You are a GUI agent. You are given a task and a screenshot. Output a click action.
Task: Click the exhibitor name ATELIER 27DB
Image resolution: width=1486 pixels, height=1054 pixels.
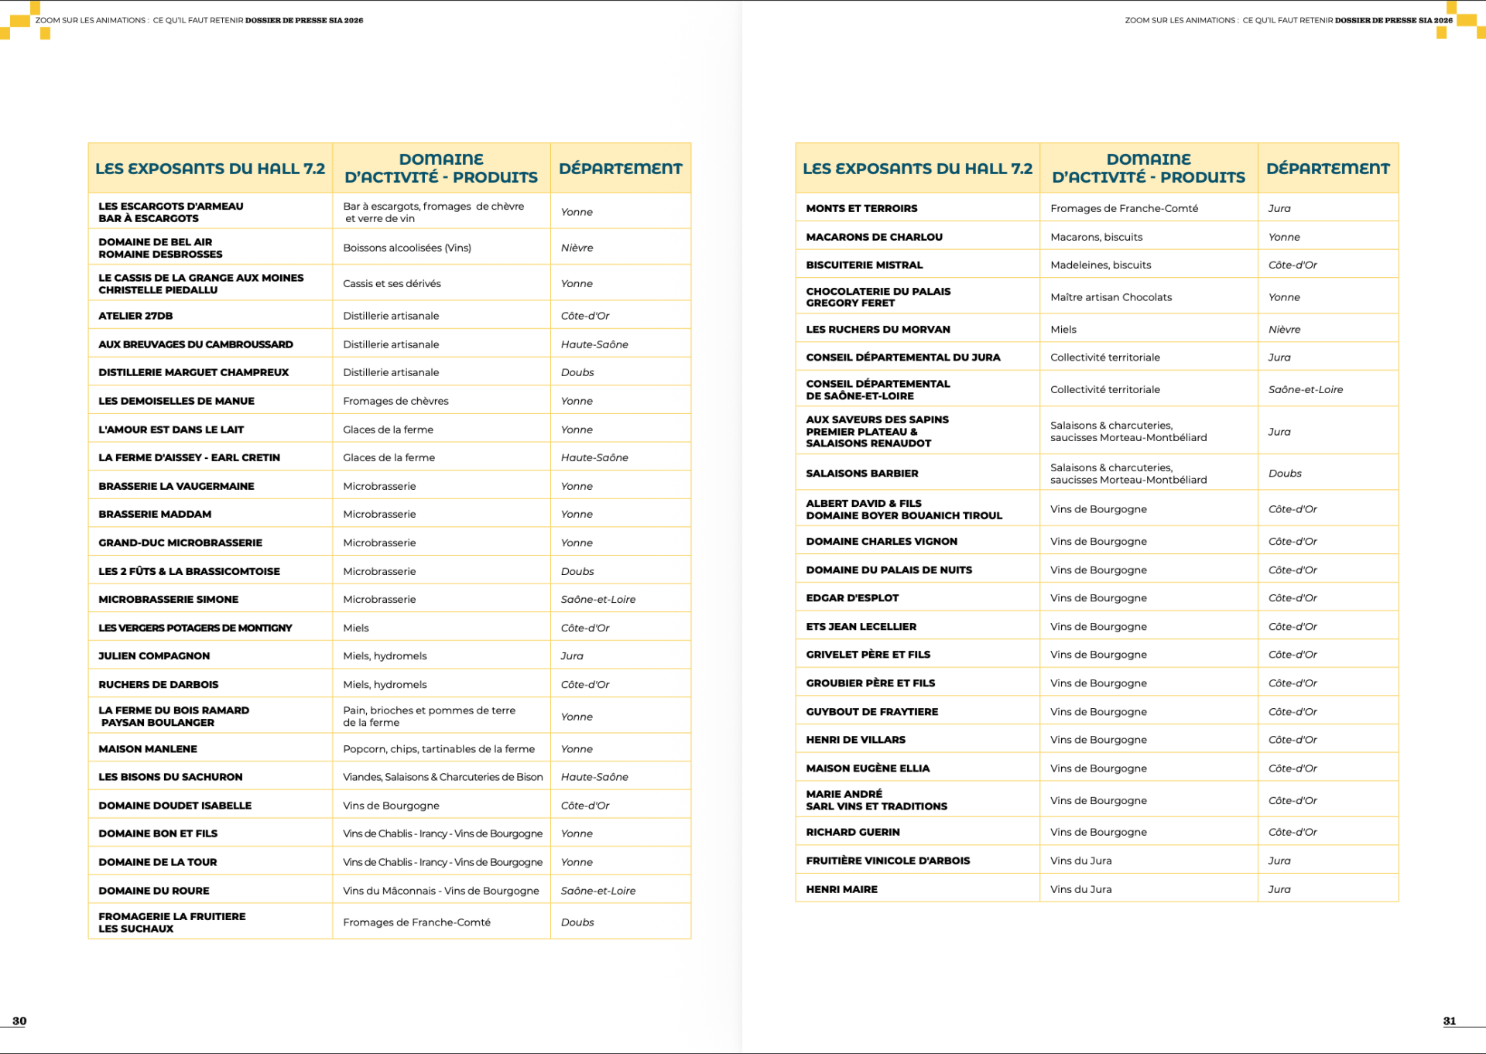coord(135,316)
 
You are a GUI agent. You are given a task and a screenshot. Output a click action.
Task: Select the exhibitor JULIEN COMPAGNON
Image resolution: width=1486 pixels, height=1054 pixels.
coord(154,655)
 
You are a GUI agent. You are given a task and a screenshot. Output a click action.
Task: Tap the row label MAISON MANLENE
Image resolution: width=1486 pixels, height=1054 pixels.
coord(148,749)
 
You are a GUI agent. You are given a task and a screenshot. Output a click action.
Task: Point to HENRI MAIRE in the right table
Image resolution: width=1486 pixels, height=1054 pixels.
coord(841,889)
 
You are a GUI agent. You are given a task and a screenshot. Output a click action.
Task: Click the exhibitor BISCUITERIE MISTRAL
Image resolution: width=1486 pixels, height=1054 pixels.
coord(864,265)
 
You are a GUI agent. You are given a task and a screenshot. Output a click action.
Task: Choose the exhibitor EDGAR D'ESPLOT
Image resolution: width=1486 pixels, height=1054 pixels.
coord(852,598)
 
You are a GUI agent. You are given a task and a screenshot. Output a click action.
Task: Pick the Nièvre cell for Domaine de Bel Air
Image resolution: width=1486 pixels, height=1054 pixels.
coord(577,248)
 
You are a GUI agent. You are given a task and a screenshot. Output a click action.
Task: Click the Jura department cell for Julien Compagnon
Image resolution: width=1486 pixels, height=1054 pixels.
coord(572,655)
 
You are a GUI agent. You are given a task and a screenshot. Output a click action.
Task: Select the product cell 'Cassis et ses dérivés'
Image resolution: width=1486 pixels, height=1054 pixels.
coord(392,283)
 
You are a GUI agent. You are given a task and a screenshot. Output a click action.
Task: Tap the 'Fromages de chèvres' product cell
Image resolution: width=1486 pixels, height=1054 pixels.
coord(395,401)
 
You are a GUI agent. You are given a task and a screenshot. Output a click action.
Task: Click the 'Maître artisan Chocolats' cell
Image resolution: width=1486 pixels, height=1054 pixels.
coord(1111,297)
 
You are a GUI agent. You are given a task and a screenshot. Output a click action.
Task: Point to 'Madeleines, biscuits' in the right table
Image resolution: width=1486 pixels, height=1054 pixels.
coord(1101,265)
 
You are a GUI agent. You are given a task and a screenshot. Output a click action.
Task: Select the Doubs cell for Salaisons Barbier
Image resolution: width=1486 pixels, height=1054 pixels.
coord(1285,473)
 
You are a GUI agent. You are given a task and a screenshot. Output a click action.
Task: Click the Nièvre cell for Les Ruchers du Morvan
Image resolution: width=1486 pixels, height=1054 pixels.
coord(1284,329)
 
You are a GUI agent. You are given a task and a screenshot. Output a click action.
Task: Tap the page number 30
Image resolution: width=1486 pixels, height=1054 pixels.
coord(19,1021)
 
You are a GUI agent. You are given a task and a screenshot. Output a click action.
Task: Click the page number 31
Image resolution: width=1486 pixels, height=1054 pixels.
coord(1449,1021)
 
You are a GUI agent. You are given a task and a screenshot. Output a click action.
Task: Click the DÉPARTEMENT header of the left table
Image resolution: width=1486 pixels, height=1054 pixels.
coord(621,168)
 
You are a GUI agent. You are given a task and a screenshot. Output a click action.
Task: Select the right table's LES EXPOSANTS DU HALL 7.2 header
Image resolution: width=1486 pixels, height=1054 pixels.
coord(917,168)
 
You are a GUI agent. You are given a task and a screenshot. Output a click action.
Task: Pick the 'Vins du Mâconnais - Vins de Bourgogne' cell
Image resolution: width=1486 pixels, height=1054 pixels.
coord(440,891)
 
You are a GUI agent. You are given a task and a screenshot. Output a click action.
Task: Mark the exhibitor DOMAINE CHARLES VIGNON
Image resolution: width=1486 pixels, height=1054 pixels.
coord(882,542)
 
